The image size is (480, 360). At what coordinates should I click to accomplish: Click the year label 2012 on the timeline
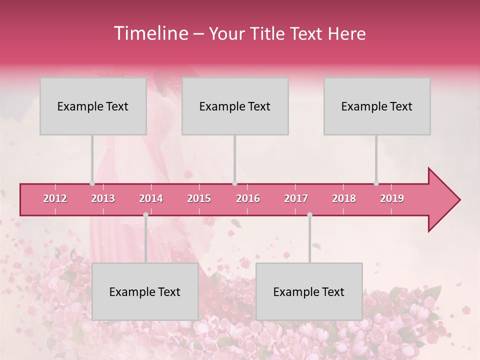click(55, 198)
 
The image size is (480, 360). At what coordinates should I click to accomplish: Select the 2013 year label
click(103, 198)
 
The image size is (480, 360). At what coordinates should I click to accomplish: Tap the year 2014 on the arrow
click(151, 198)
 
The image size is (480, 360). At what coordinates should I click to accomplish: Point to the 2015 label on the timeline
click(199, 198)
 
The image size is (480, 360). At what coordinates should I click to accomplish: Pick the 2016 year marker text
click(248, 198)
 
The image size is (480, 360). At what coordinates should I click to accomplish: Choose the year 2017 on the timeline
click(296, 198)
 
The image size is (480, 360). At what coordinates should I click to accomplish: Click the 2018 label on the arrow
click(344, 198)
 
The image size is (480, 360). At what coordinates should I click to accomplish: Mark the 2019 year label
click(392, 198)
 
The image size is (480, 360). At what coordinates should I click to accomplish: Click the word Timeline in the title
click(150, 33)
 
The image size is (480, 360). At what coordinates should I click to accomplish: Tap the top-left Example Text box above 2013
click(93, 106)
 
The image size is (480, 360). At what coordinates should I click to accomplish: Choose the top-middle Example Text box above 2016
click(235, 106)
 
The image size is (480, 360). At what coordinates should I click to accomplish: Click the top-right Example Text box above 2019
click(377, 106)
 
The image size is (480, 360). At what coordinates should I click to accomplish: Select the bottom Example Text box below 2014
click(145, 291)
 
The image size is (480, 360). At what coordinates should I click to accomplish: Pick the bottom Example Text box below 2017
click(309, 291)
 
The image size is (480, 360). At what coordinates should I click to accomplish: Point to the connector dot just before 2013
click(92, 183)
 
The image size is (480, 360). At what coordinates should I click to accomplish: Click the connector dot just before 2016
click(234, 183)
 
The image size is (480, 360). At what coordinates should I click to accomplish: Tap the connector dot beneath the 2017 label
click(309, 214)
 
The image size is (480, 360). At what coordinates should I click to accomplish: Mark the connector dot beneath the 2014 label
click(145, 214)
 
